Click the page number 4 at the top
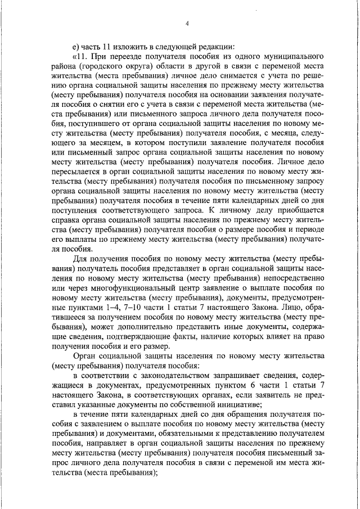pyautogui.click(x=187, y=24)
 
